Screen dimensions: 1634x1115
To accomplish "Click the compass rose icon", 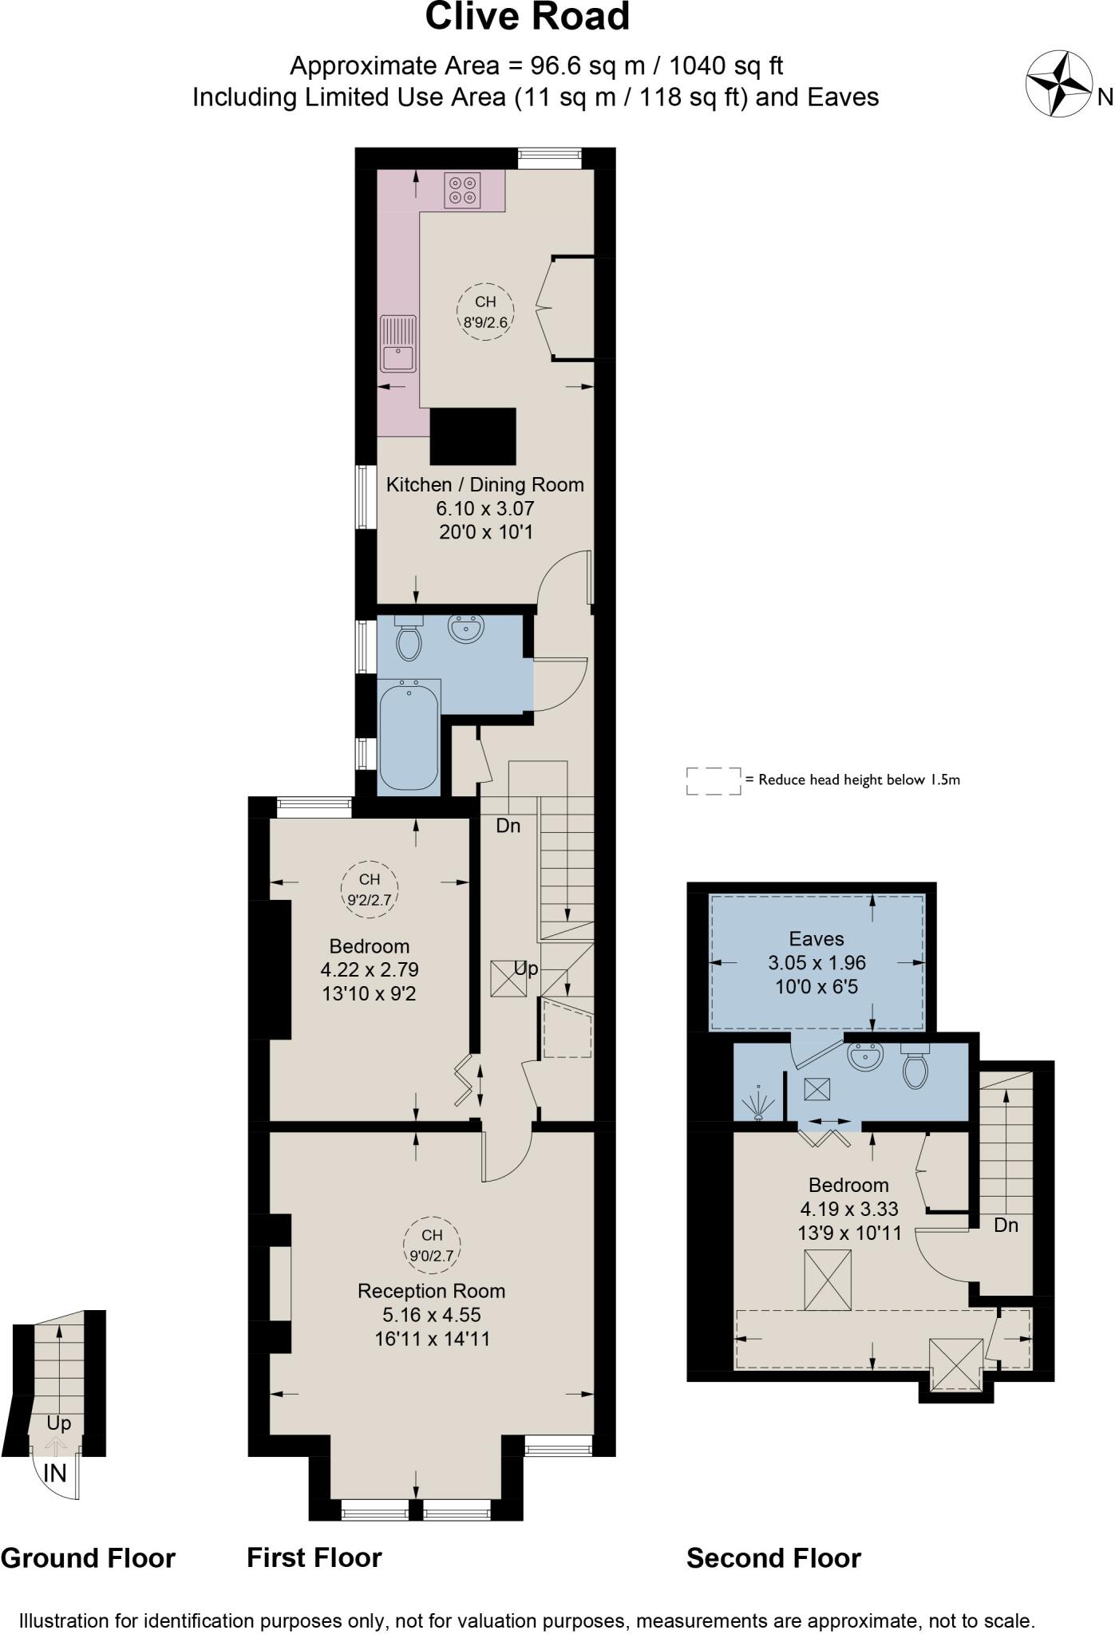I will point(1058,83).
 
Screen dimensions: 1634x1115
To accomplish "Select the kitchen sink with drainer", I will point(397,343).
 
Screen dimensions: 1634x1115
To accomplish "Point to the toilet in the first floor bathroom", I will point(409,640).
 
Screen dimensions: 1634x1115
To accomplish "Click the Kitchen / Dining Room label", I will point(484,484).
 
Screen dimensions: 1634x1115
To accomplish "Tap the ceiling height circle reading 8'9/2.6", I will point(485,312).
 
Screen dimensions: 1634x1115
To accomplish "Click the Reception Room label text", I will point(431,1290).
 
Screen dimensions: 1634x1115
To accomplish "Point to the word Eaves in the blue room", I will point(816,938).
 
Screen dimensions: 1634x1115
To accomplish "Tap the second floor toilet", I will point(915,1067).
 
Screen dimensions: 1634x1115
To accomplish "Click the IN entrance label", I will point(54,1474).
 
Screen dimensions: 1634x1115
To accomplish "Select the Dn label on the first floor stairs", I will point(508,826).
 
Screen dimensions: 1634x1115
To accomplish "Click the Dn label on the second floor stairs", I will point(1006,1225).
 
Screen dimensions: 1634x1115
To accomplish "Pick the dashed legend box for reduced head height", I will point(714,781).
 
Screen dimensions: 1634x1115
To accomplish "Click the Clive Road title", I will point(527,18).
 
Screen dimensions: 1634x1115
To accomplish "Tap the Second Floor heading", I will point(773,1557).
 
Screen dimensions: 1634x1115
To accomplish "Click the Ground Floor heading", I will point(88,1557).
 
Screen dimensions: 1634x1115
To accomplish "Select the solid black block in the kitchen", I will point(473,436).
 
